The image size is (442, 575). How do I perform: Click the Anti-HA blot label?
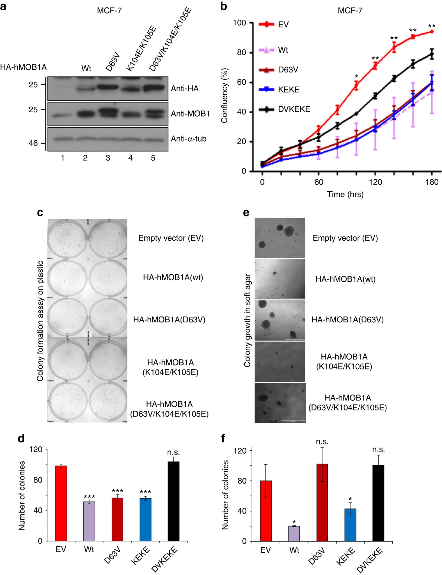coord(185,89)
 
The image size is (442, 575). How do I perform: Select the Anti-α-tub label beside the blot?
coord(189,139)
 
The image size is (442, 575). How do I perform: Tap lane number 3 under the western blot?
coord(108,158)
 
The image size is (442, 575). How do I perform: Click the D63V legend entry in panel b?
coord(288,70)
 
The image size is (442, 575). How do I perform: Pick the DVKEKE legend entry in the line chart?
coord(294,109)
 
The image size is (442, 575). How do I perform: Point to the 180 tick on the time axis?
coord(432,182)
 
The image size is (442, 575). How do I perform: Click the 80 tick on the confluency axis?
coord(241,53)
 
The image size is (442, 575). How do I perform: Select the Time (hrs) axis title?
coord(345,194)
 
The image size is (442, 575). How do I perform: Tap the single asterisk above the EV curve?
coord(356,77)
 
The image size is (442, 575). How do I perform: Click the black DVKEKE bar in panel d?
coord(173,501)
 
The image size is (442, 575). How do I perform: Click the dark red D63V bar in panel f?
coord(322,503)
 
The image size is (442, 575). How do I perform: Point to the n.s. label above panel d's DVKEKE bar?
coord(173,452)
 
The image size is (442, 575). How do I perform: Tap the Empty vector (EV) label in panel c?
coord(171,238)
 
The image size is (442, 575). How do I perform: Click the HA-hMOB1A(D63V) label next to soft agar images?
coord(347,320)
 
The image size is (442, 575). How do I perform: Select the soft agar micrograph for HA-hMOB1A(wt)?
coord(280,279)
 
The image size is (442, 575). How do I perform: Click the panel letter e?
coord(246,213)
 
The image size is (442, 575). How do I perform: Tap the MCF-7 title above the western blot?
coord(109,11)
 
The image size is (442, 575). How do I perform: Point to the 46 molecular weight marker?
coord(33,143)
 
